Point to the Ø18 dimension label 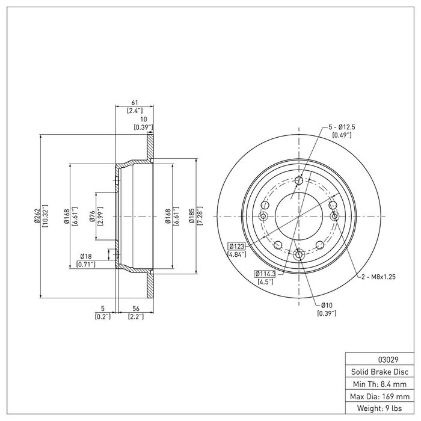(86, 257)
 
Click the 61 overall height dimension (134, 103)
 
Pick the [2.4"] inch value (134, 111)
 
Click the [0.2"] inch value (103, 316)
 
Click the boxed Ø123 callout (237, 246)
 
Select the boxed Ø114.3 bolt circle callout (264, 274)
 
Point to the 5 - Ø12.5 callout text (343, 127)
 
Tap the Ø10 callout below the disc (327, 305)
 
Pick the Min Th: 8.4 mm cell (376, 384)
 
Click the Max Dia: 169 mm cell (376, 397)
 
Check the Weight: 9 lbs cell (376, 410)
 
